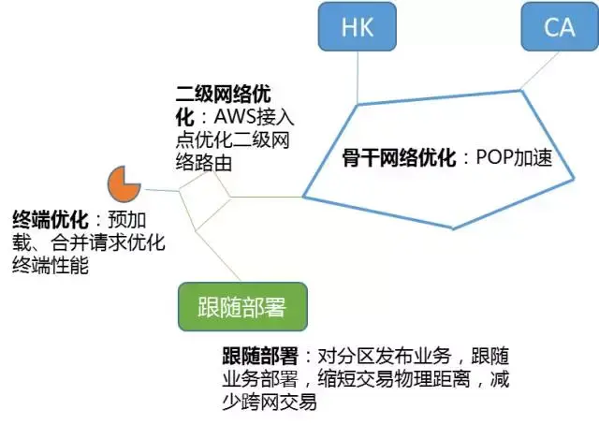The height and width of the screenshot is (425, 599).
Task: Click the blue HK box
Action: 357,26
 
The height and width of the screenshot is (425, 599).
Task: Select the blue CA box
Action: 560,26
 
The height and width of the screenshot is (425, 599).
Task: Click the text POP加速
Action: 509,158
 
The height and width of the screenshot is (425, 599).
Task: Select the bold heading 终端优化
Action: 50,220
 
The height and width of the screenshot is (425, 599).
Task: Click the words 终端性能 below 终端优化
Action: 50,266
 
